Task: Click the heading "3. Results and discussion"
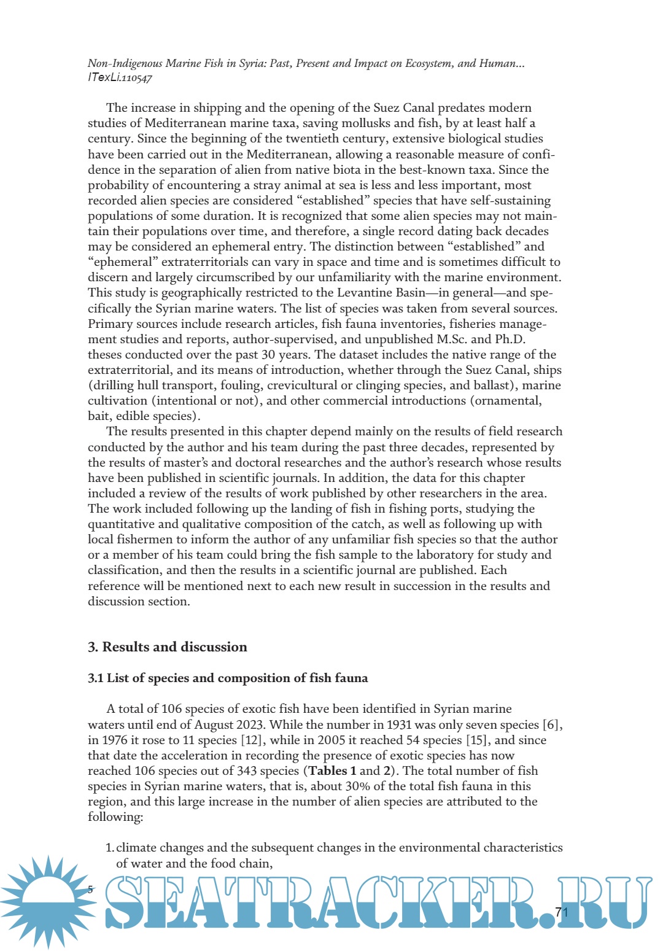point(167,647)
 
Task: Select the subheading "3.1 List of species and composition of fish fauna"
point(228,678)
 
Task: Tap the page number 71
point(562,912)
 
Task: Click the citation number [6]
point(552,725)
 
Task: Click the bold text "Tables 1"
point(332,771)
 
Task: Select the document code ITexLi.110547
point(120,78)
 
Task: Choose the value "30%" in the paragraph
point(359,786)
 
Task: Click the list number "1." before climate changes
point(110,848)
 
